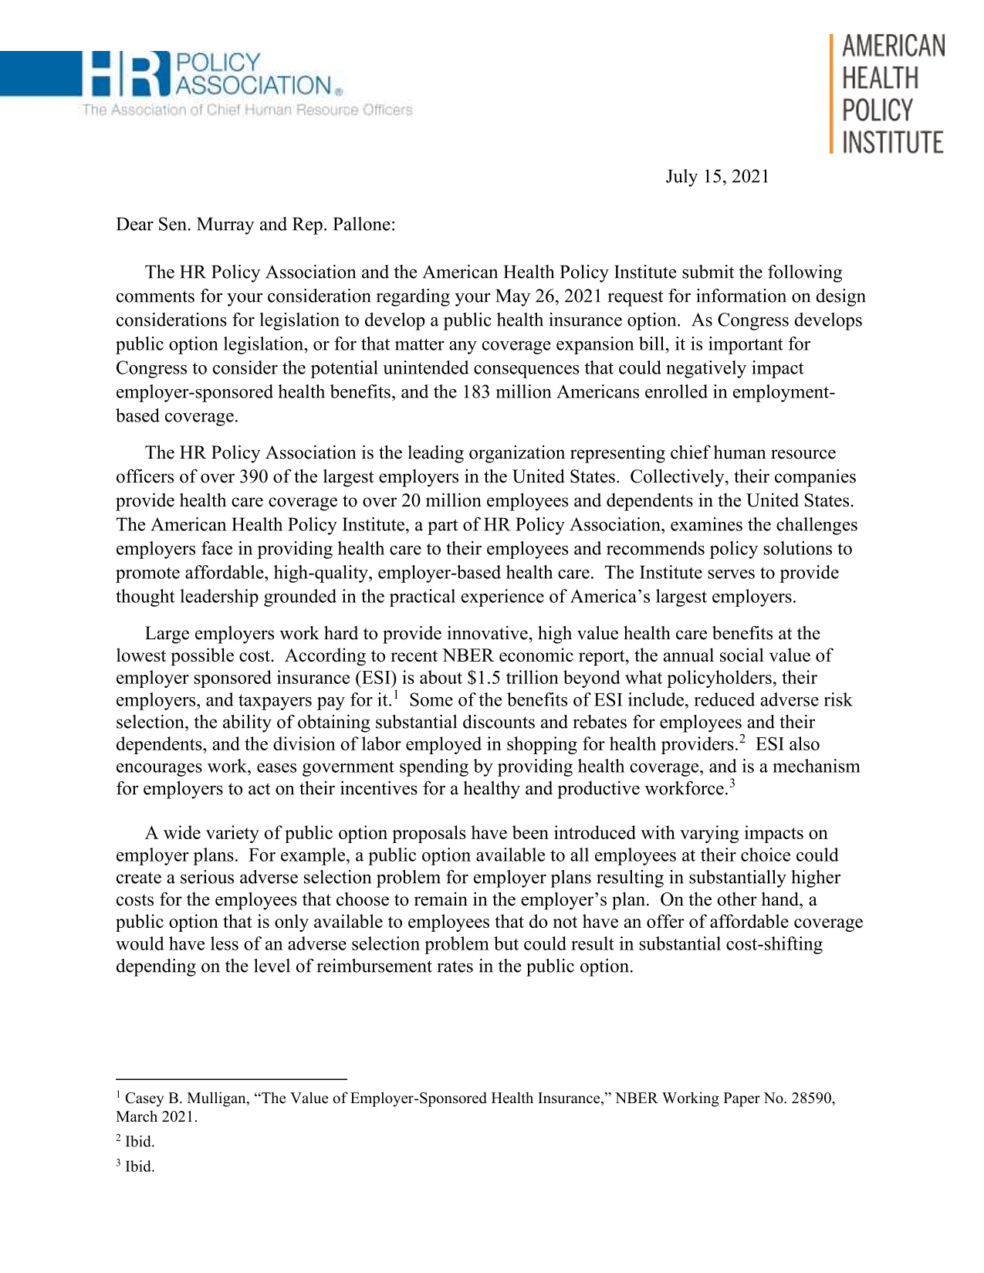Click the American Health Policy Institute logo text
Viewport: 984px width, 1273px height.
892,94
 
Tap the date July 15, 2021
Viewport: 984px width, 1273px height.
717,177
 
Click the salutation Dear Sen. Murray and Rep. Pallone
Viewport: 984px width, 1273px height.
255,225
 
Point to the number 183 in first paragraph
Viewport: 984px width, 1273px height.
476,392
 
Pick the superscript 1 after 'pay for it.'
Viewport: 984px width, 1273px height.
395,696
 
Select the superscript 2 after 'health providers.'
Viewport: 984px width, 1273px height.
742,740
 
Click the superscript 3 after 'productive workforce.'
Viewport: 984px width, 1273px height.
732,784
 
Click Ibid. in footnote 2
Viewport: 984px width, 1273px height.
140,1142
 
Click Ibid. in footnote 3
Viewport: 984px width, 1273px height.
140,1167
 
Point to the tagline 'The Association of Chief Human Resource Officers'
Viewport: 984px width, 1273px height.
247,110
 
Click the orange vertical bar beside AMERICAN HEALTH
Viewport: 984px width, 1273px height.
832,94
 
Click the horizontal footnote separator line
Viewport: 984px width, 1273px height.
231,1079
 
